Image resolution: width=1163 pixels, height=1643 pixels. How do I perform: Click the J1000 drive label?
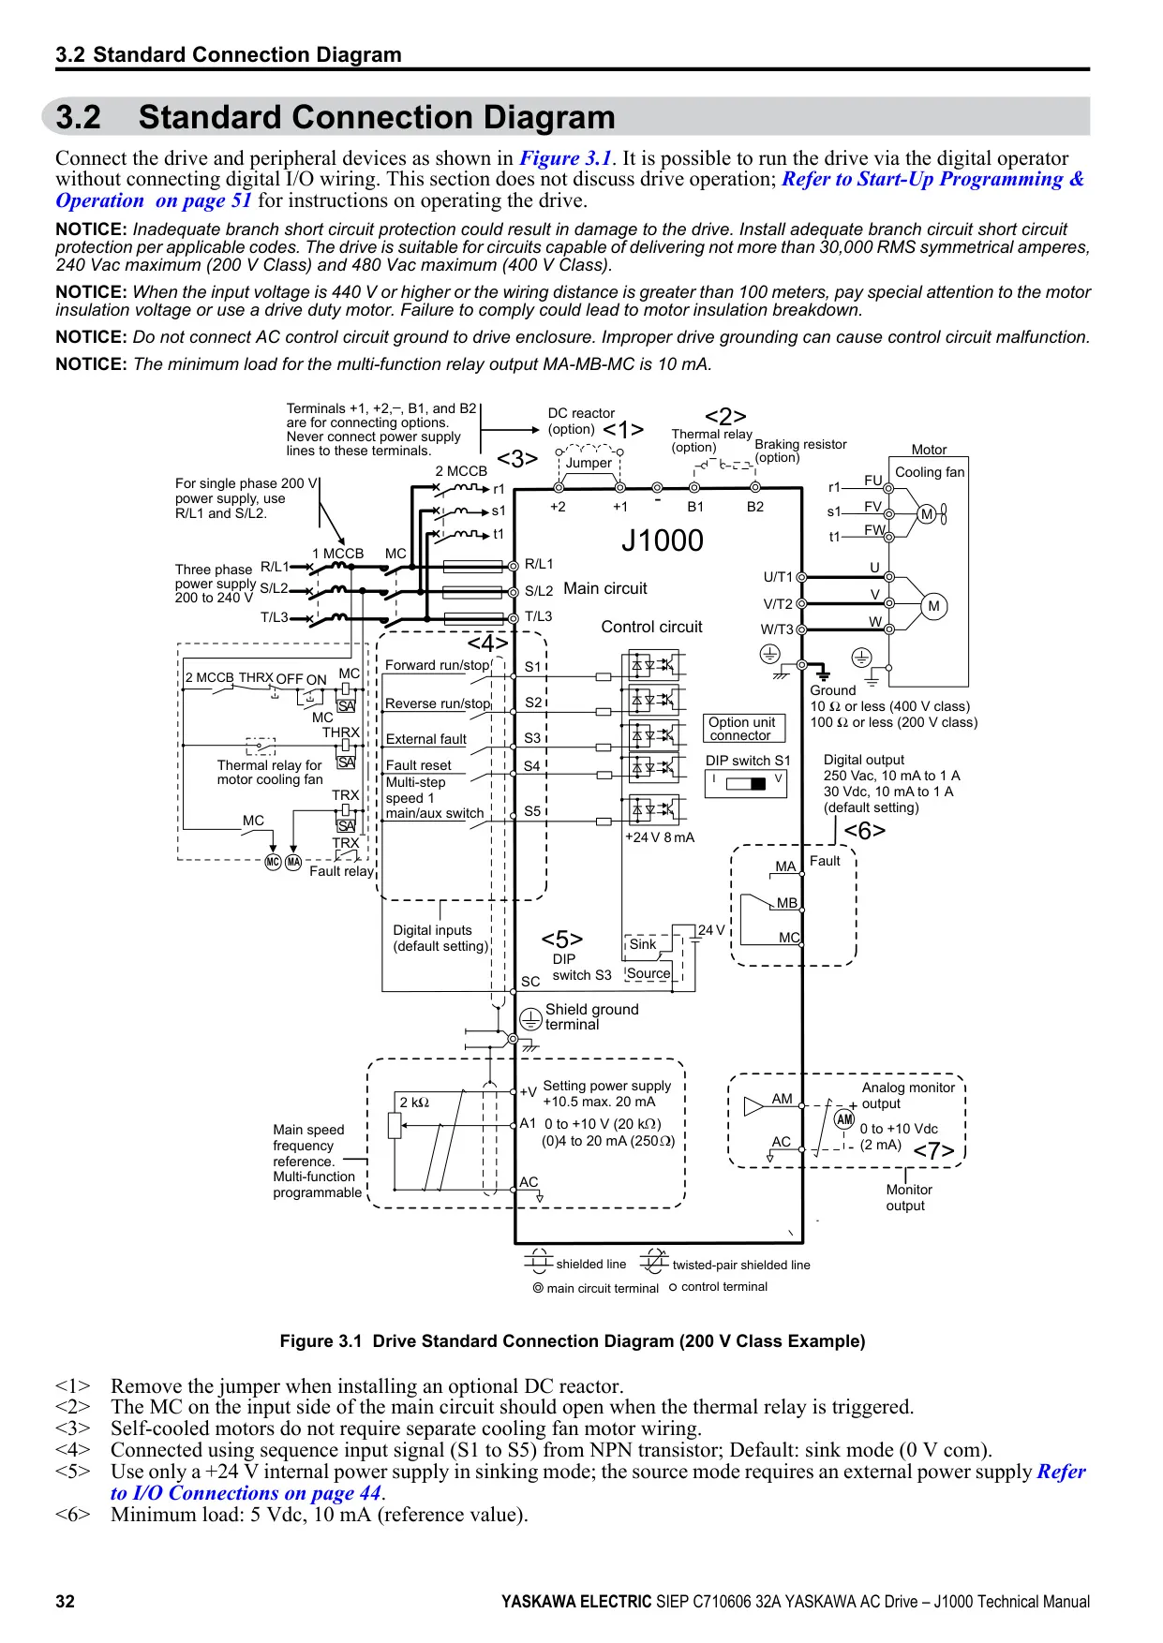click(x=662, y=540)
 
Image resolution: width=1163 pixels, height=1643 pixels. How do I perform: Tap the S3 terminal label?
click(x=532, y=738)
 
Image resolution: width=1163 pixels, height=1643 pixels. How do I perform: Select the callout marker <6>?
click(x=864, y=831)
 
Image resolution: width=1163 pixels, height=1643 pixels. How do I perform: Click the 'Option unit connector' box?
click(x=742, y=729)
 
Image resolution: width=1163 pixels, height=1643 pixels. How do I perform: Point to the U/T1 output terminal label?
click(x=778, y=577)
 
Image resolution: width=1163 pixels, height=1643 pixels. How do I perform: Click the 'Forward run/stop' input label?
click(x=437, y=665)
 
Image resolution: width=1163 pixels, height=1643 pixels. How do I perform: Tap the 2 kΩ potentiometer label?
click(x=414, y=1103)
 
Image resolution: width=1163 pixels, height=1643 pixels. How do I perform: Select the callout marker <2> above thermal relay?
click(x=725, y=417)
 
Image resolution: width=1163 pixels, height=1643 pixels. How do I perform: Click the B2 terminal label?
click(x=755, y=507)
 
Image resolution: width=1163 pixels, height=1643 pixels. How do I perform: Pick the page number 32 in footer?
click(x=65, y=1602)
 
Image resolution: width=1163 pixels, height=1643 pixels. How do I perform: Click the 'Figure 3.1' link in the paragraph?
click(x=565, y=158)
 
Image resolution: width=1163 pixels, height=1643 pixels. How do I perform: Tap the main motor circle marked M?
click(x=933, y=606)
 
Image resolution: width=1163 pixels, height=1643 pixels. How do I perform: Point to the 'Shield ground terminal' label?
click(x=591, y=1016)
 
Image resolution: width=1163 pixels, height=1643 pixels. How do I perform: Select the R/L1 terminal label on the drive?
click(x=539, y=564)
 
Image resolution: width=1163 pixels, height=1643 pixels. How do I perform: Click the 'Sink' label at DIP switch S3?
click(x=643, y=944)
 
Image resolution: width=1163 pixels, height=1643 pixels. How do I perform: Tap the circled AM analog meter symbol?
click(x=844, y=1119)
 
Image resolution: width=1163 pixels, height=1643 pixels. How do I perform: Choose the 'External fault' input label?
click(x=426, y=739)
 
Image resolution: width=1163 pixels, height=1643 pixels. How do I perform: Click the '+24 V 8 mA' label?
click(x=660, y=837)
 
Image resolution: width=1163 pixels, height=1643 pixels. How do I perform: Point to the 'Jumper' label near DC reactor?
click(x=589, y=463)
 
